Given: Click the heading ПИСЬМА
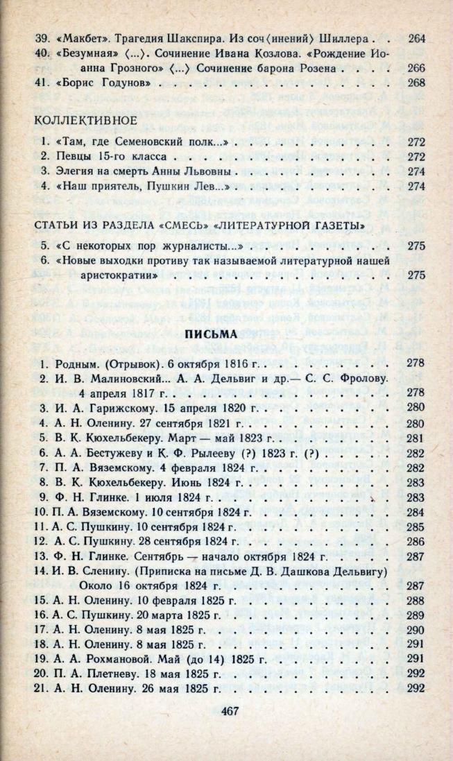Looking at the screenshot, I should pyautogui.click(x=216, y=334).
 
